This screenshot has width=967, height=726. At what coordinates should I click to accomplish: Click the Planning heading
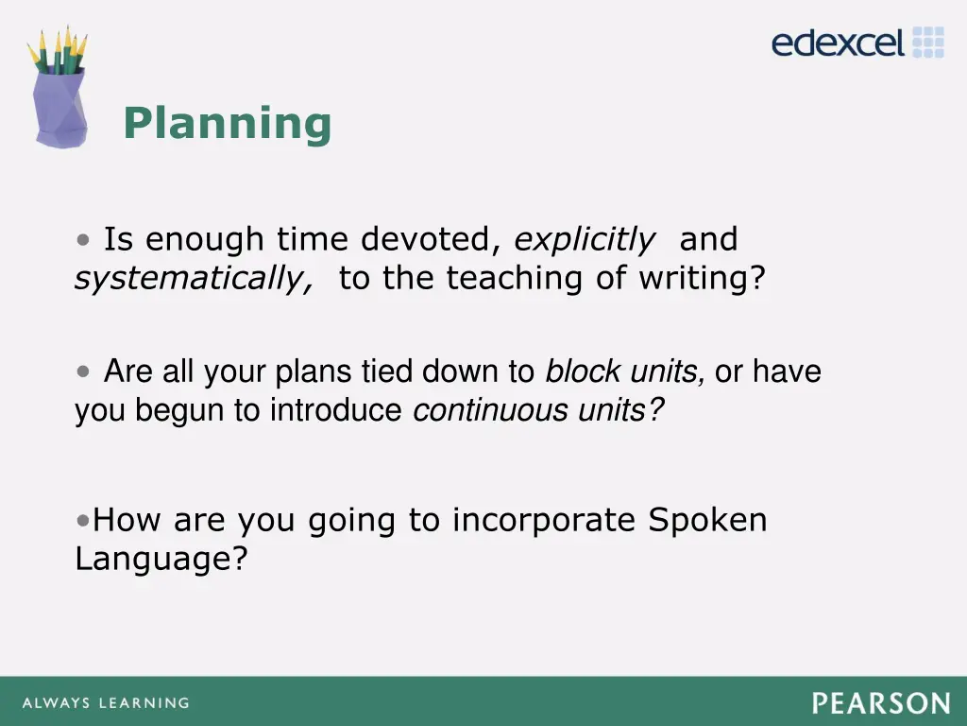click(x=227, y=124)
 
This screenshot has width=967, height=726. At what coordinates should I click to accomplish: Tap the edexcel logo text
click(x=838, y=43)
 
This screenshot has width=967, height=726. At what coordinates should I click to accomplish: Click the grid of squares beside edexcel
click(x=928, y=43)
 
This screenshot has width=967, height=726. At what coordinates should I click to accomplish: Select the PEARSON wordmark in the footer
click(x=880, y=703)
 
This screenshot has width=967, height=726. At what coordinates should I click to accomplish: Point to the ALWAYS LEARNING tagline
click(x=105, y=703)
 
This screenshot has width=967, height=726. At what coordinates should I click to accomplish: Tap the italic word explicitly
click(x=584, y=240)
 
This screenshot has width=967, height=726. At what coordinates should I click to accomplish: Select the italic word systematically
click(x=194, y=279)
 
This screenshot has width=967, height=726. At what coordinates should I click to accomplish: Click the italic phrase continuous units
click(x=538, y=411)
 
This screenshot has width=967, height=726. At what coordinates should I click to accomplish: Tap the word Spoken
click(x=707, y=521)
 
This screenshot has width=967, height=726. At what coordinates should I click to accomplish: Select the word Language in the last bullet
click(x=161, y=560)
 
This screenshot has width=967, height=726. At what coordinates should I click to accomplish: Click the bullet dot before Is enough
click(x=85, y=240)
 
